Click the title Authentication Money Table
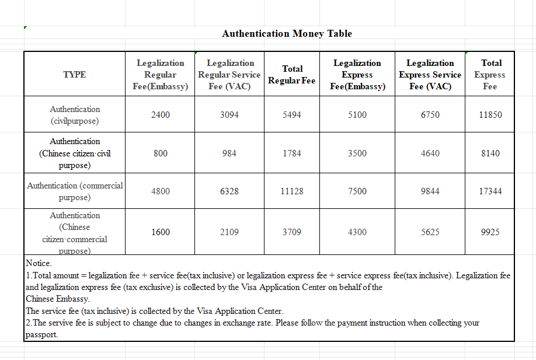[x=287, y=34]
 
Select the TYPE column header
[x=75, y=75]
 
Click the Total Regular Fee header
[x=292, y=75]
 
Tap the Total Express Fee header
[x=490, y=75]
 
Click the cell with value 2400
[x=161, y=115]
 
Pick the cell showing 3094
[x=229, y=115]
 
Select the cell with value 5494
[x=292, y=115]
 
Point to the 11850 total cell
[x=490, y=115]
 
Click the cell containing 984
[x=229, y=153]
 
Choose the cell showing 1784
[x=292, y=153]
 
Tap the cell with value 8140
[x=490, y=153]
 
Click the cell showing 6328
[x=229, y=191]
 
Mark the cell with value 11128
[x=292, y=191]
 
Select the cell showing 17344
[x=490, y=191]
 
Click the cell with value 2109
[x=229, y=232]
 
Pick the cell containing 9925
[x=490, y=232]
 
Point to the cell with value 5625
[x=430, y=232]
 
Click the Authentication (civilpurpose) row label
[x=75, y=115]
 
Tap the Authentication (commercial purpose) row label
[x=75, y=191]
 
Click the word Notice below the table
[x=39, y=264]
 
